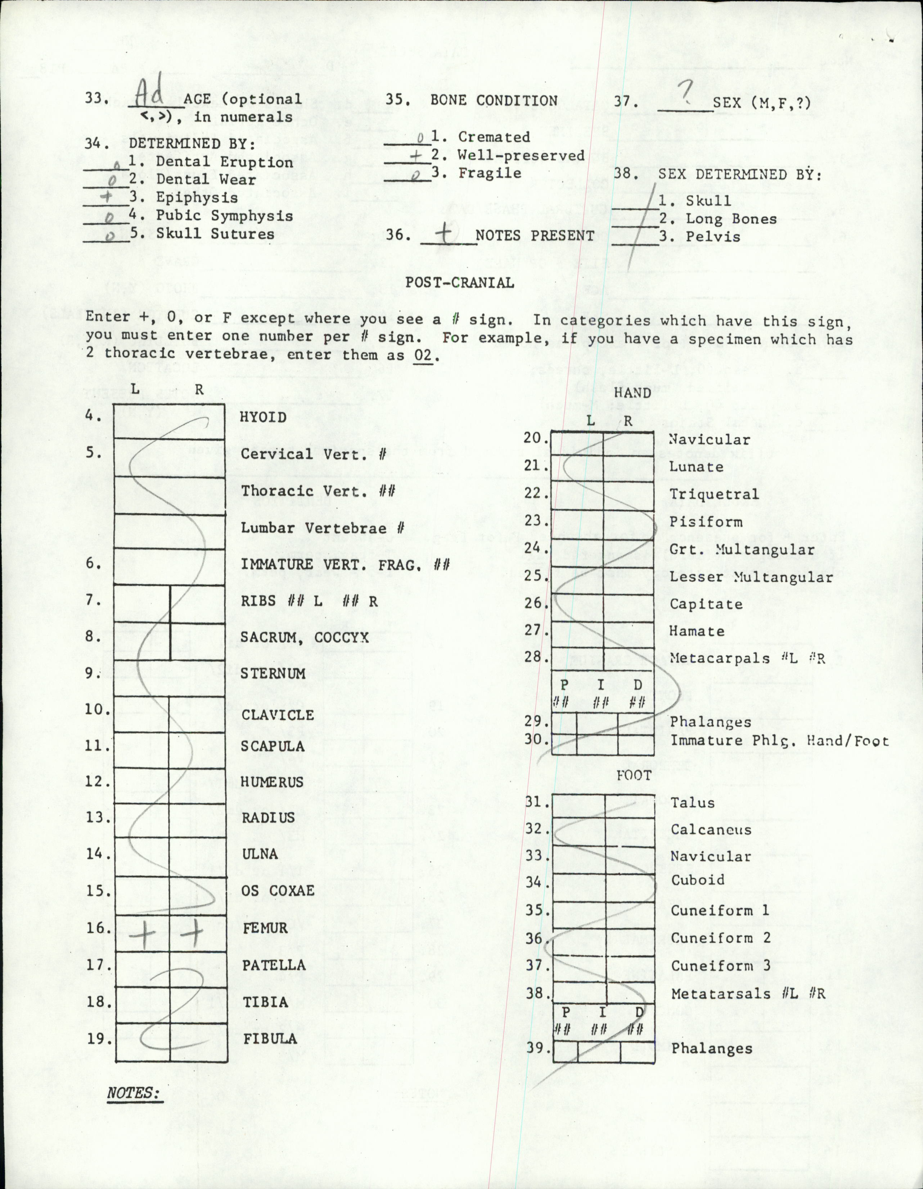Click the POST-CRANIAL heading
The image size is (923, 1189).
[x=459, y=283]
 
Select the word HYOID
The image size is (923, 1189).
[x=264, y=418]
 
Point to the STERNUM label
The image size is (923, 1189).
[x=273, y=673]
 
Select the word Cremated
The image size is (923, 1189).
[x=494, y=137]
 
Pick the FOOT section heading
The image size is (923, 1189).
[x=634, y=775]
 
